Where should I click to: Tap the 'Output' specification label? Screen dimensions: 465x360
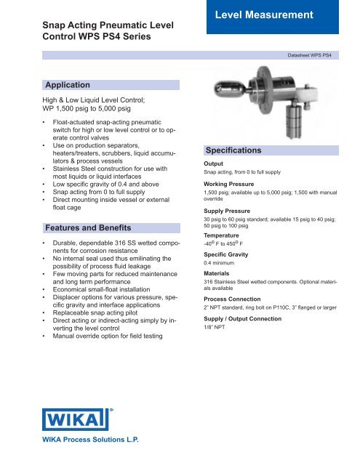coord(213,164)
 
